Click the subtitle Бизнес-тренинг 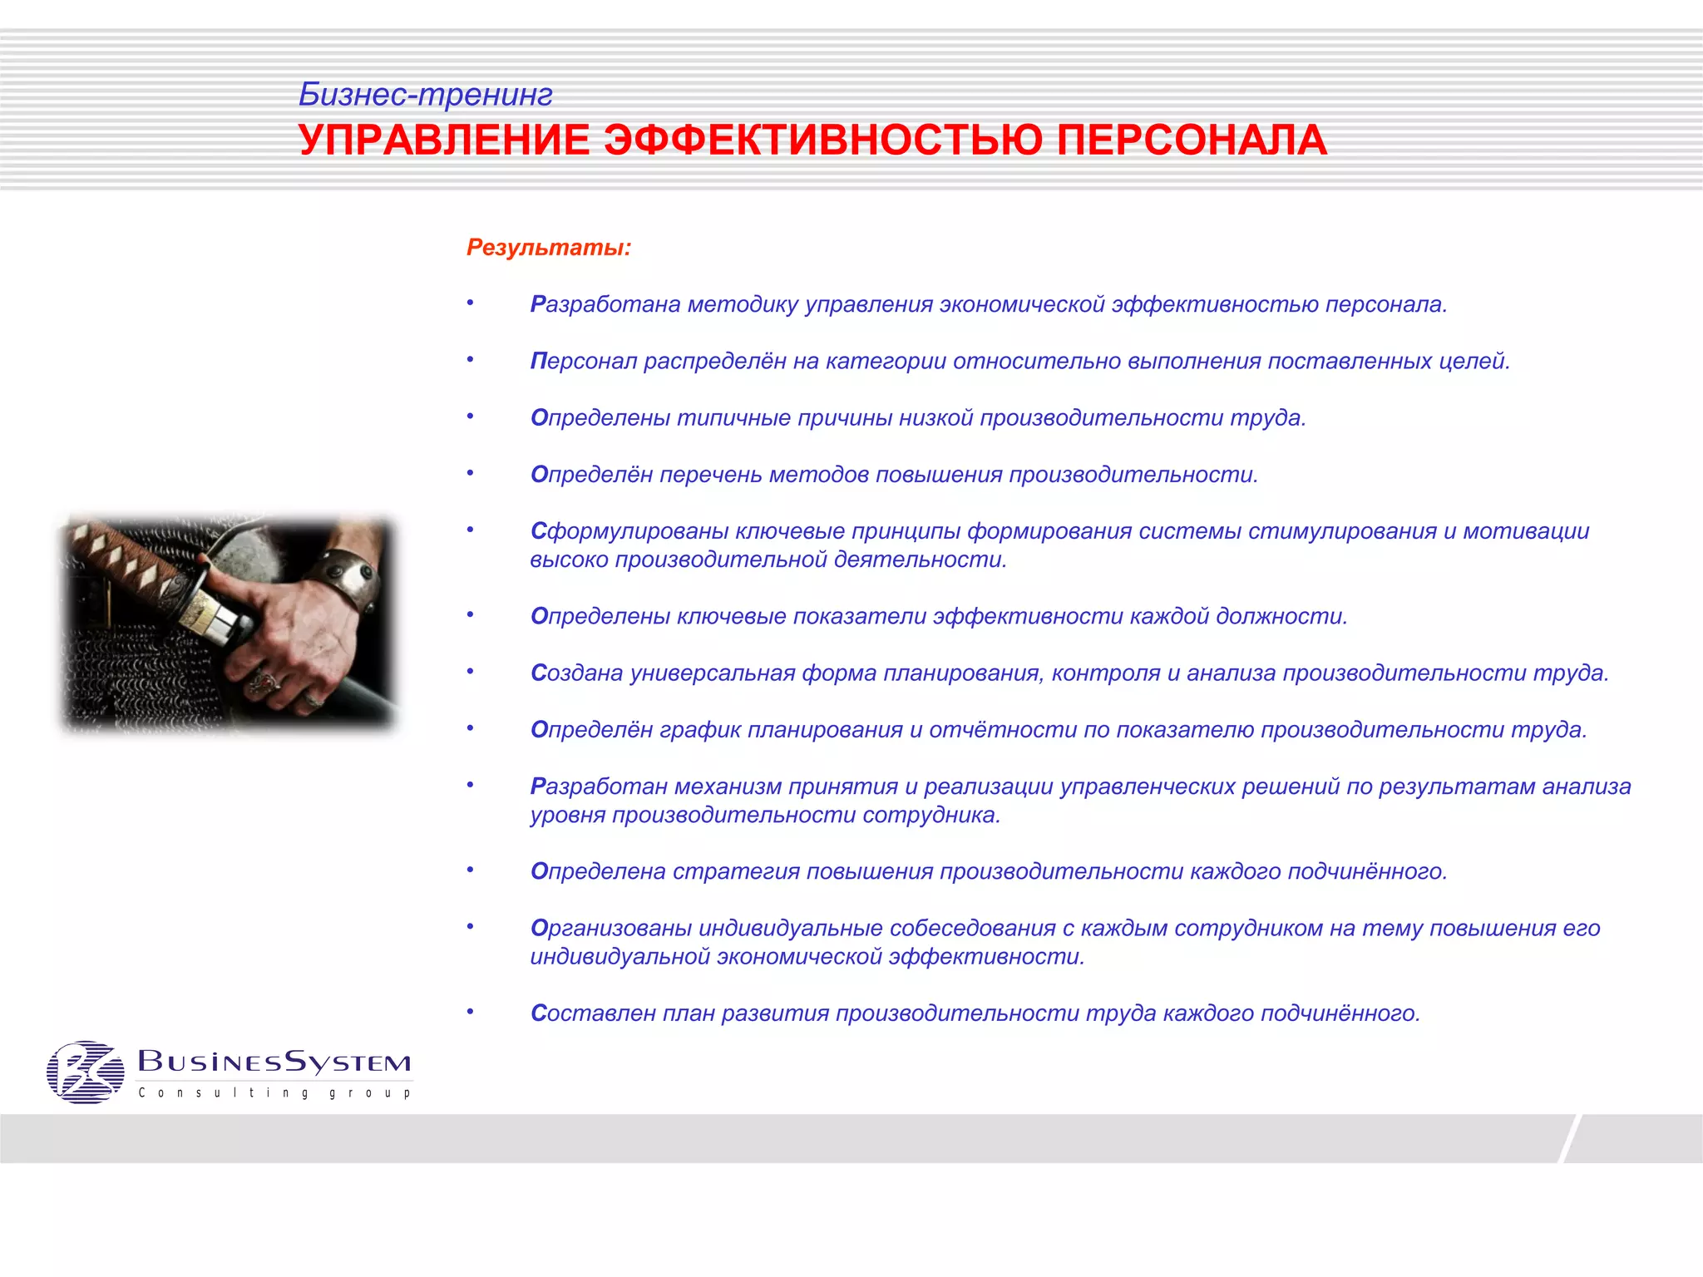425,95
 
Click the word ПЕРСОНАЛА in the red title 1192,140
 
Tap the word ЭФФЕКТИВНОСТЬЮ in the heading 822,140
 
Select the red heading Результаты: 549,247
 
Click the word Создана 576,673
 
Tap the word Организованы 610,928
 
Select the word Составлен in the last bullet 593,1013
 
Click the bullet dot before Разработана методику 470,303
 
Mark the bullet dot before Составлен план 470,1012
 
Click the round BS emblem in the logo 85,1072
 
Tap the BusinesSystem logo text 274,1062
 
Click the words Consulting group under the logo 274,1092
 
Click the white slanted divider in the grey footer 1568,1138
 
